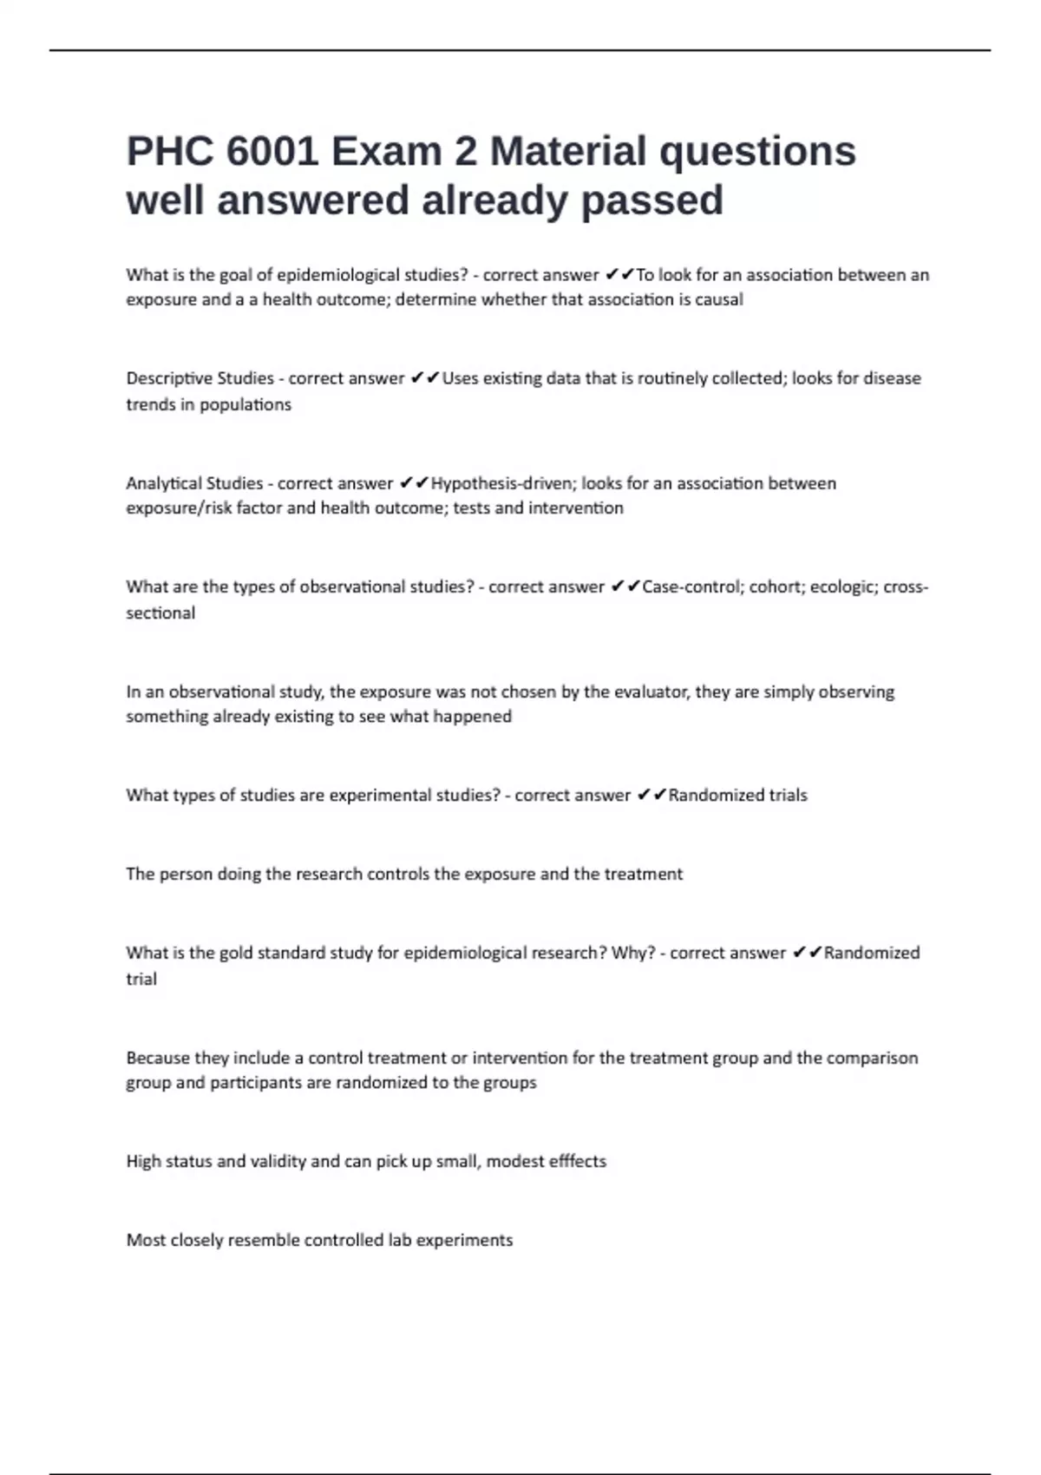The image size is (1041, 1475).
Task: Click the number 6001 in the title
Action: click(272, 151)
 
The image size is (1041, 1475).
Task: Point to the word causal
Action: click(719, 299)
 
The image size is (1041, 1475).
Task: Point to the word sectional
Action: click(160, 613)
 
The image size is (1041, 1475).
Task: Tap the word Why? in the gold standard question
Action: click(633, 953)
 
